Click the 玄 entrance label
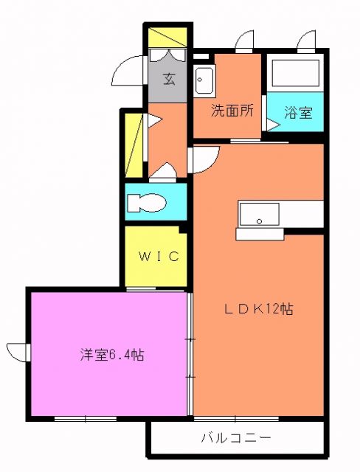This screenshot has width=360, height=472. pos(168,79)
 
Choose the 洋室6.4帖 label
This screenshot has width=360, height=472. pos(112,355)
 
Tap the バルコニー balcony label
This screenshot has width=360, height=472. pos(236,438)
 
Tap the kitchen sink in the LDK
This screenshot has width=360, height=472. pos(258,214)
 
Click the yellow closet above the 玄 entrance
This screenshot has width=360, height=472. pos(168,38)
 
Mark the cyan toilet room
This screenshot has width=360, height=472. pos(155,202)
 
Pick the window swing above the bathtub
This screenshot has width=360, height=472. pos(307,42)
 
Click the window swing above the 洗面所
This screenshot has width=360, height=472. pos(244,42)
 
